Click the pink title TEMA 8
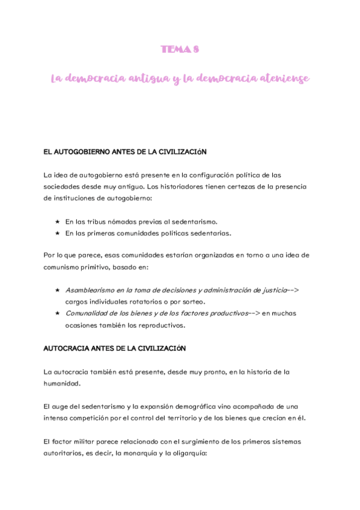179,50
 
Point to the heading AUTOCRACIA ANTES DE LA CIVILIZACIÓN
115,348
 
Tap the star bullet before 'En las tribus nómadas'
57,221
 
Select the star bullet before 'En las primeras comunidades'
57,233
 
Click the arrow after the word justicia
293,290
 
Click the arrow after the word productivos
255,313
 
